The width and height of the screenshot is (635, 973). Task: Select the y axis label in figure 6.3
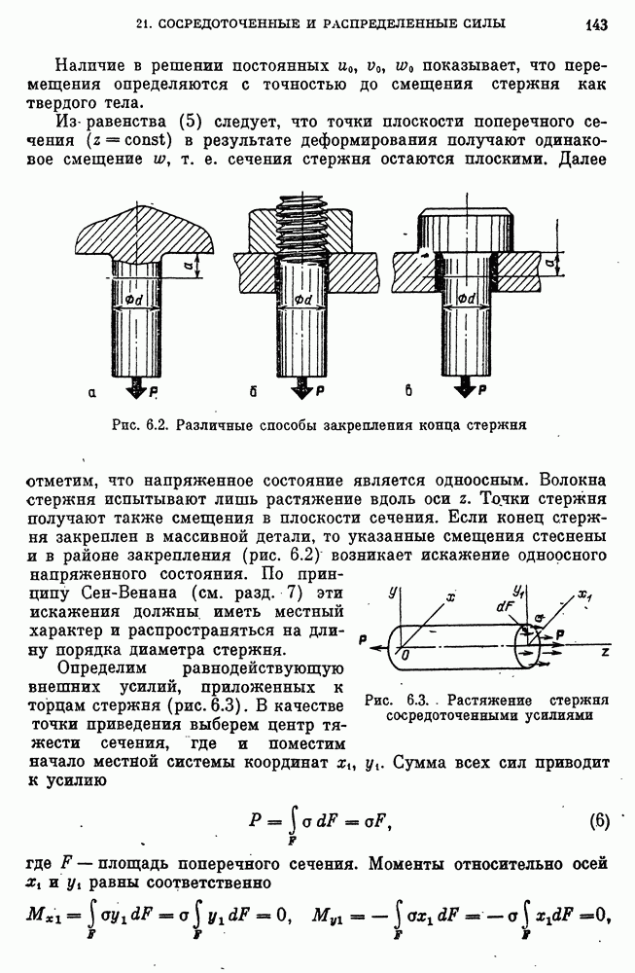click(x=391, y=591)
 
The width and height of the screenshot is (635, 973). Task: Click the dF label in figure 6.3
click(x=505, y=605)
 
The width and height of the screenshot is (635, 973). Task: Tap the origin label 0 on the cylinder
click(x=405, y=657)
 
